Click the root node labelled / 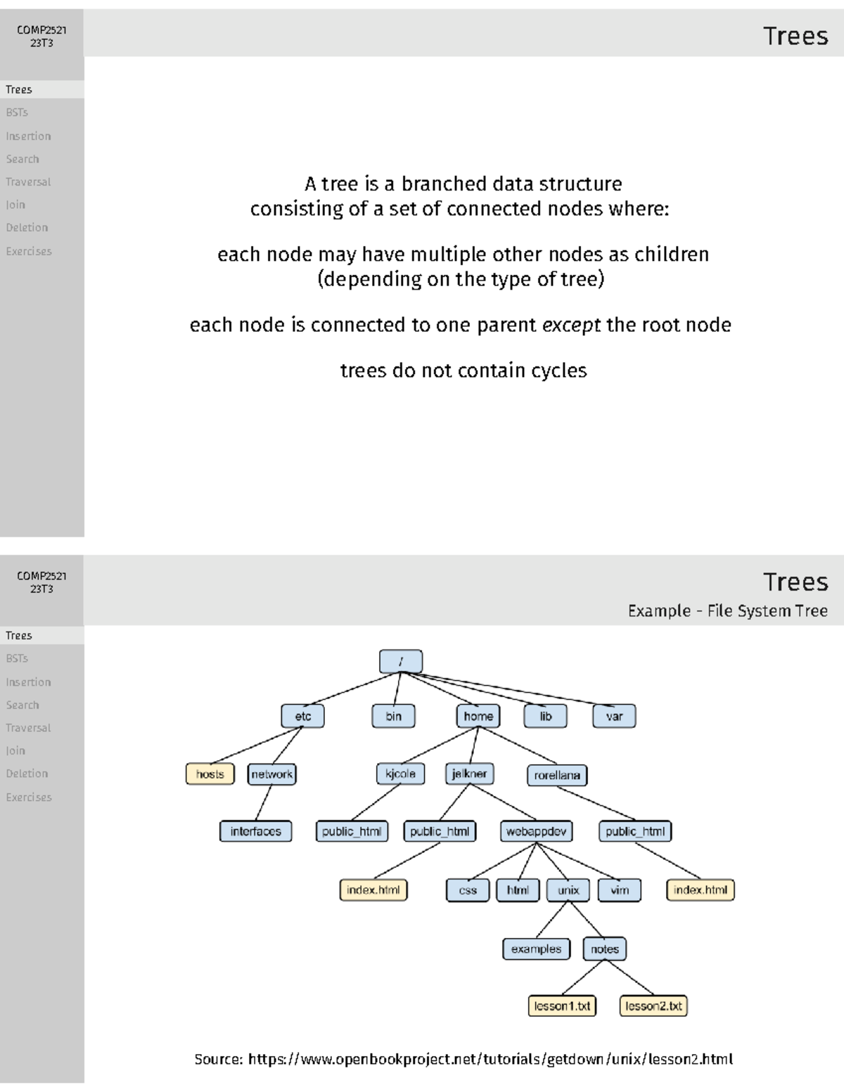coord(401,662)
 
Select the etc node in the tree coord(302,717)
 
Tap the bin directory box coord(393,717)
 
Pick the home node coord(478,717)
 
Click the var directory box coord(614,717)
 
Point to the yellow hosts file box coord(210,774)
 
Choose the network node coord(272,774)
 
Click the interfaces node coord(255,831)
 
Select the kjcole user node coord(400,773)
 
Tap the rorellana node coord(557,775)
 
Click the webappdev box coord(536,831)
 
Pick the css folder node coord(468,890)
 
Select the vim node coord(620,890)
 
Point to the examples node coord(536,949)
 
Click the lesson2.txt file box coord(653,1006)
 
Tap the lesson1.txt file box coord(562,1006)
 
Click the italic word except coord(572,325)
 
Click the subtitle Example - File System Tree coord(727,611)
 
